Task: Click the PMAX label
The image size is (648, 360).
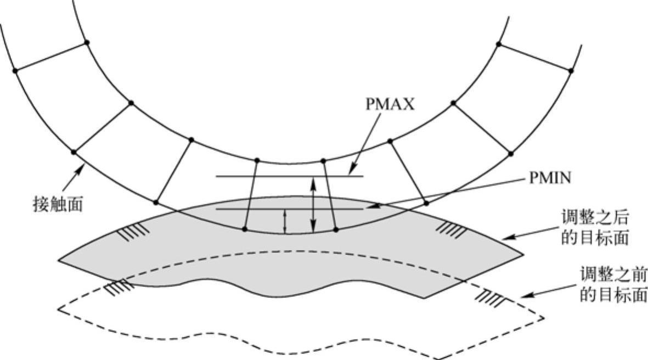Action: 390,104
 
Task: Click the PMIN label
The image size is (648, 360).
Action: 550,178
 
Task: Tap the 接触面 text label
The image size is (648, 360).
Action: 58,204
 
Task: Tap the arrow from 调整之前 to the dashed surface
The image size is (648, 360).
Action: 548,290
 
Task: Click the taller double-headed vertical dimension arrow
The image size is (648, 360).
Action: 313,205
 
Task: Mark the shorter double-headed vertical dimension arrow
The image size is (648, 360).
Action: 284,222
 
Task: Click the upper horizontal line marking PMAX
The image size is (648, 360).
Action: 290,177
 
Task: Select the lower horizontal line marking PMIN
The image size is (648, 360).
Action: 290,209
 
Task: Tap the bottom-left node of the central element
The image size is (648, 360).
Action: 245,228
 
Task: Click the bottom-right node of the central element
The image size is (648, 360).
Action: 336,229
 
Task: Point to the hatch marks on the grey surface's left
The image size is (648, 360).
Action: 133,232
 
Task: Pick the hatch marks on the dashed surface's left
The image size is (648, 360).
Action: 119,287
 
